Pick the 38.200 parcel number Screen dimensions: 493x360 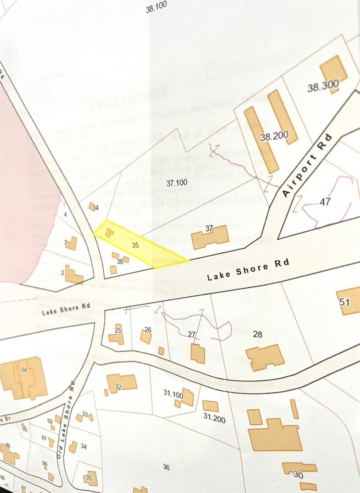(274, 136)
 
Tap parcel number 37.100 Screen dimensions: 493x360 (177, 183)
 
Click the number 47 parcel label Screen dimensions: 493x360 (325, 201)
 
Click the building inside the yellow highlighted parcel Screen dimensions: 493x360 (109, 232)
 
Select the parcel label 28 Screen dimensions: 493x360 (258, 334)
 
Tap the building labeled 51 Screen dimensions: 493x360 (348, 301)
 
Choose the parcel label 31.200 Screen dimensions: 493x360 (214, 418)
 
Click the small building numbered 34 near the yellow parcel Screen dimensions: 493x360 (92, 207)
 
